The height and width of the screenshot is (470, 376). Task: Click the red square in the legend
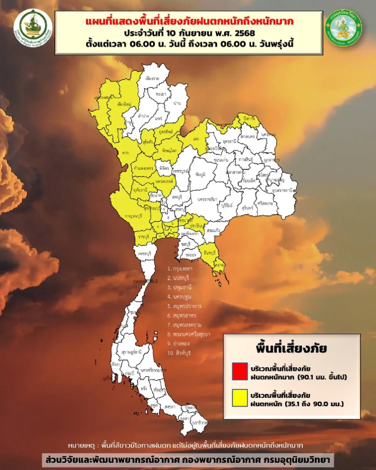pyautogui.click(x=240, y=371)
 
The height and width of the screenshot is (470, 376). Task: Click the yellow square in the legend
pyautogui.click(x=240, y=398)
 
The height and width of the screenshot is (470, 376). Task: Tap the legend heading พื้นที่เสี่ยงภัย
pyautogui.click(x=291, y=348)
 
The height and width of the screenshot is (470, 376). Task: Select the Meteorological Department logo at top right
pyautogui.click(x=343, y=28)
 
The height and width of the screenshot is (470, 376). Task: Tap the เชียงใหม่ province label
pyautogui.click(x=124, y=104)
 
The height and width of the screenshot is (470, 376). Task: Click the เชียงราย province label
pyautogui.click(x=152, y=78)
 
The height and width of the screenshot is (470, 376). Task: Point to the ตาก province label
pyautogui.click(x=126, y=153)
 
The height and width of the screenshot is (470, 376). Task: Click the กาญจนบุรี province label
pyautogui.click(x=133, y=216)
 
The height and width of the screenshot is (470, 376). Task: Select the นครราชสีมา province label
pyautogui.click(x=207, y=199)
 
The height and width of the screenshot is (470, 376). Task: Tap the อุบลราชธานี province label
pyautogui.click(x=282, y=190)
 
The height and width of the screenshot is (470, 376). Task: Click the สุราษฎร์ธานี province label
pyautogui.click(x=132, y=352)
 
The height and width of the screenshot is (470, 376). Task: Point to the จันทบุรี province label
pyautogui.click(x=209, y=252)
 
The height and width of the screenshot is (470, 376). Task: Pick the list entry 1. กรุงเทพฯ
pyautogui.click(x=180, y=269)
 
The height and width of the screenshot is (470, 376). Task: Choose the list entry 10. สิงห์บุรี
pyautogui.click(x=179, y=353)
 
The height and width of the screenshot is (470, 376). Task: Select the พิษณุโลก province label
pyautogui.click(x=170, y=151)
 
